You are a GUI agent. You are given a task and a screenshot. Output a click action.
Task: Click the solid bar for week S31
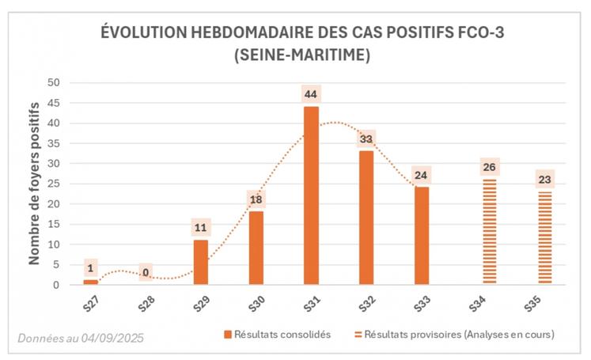pyautogui.click(x=311, y=195)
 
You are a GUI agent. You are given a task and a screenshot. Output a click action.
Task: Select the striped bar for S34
pyautogui.click(x=489, y=231)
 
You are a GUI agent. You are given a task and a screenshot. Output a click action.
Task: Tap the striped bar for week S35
pyautogui.click(x=544, y=237)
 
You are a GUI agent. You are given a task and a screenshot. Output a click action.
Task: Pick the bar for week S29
pyautogui.click(x=201, y=262)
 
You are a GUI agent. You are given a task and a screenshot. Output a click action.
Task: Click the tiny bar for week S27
pyautogui.click(x=91, y=282)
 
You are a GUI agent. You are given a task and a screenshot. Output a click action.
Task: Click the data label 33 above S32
pyautogui.click(x=366, y=139)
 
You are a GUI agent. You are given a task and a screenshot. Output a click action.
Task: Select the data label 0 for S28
pyautogui.click(x=146, y=273)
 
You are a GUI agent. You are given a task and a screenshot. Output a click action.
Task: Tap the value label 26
pyautogui.click(x=489, y=168)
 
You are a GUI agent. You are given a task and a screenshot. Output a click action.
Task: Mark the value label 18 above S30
pyautogui.click(x=256, y=200)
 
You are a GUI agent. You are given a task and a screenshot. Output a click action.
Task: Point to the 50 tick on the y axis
pyautogui.click(x=54, y=82)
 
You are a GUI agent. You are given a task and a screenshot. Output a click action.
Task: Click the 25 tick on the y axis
pyautogui.click(x=54, y=184)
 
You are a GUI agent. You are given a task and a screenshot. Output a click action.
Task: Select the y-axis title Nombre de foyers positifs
pyautogui.click(x=35, y=184)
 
